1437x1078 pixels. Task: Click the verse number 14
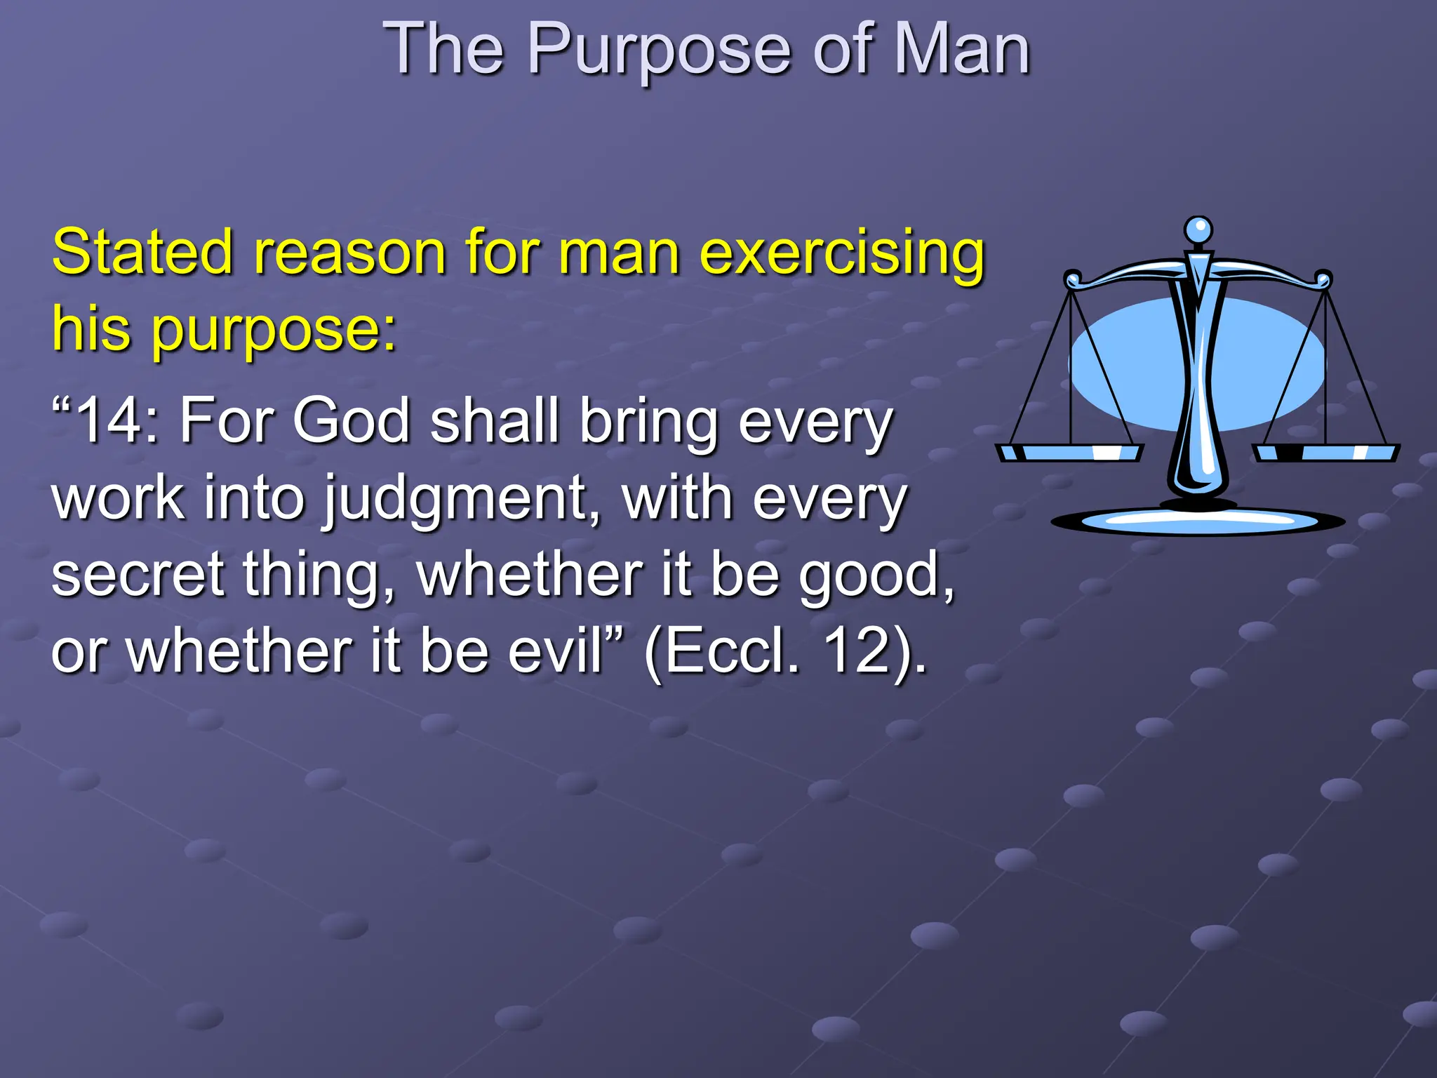(x=115, y=421)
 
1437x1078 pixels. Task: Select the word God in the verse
(x=351, y=421)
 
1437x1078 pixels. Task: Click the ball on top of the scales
(x=1198, y=229)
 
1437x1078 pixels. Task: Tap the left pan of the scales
(x=1070, y=453)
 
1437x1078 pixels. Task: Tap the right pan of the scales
(x=1326, y=453)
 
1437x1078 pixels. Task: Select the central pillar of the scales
(x=1198, y=393)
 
